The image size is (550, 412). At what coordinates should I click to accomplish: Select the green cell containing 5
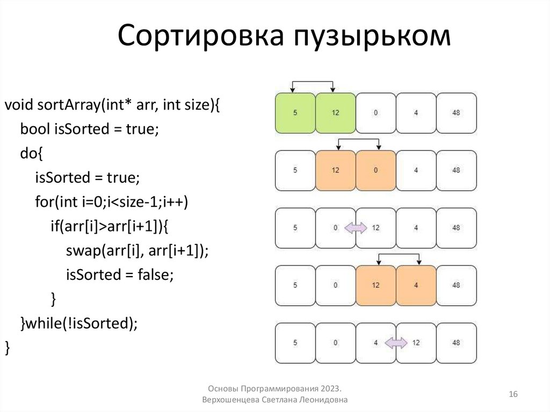pyautogui.click(x=295, y=113)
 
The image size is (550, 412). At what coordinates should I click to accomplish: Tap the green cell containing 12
pyautogui.click(x=335, y=113)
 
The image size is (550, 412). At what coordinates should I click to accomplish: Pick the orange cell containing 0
pyautogui.click(x=375, y=170)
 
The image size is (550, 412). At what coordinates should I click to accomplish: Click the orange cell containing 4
pyautogui.click(x=416, y=285)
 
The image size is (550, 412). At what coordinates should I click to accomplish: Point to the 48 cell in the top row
pyautogui.click(x=456, y=113)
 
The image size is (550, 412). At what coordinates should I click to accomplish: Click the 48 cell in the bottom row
pyautogui.click(x=456, y=343)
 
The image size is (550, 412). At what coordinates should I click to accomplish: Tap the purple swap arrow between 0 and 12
pyautogui.click(x=355, y=228)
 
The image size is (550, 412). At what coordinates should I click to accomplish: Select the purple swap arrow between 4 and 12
pyautogui.click(x=396, y=343)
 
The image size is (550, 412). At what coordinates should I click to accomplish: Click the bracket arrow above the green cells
pyautogui.click(x=313, y=83)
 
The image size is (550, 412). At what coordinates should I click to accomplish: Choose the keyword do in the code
pyautogui.click(x=27, y=154)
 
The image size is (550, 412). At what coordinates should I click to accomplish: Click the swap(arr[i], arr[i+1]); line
pyautogui.click(x=136, y=250)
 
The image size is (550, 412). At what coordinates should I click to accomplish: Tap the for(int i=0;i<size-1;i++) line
pyautogui.click(x=113, y=202)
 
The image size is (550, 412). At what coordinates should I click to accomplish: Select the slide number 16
pyautogui.click(x=512, y=395)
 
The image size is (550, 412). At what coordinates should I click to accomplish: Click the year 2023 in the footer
pyautogui.click(x=332, y=388)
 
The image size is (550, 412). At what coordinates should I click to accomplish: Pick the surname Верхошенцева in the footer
pyautogui.click(x=231, y=400)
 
